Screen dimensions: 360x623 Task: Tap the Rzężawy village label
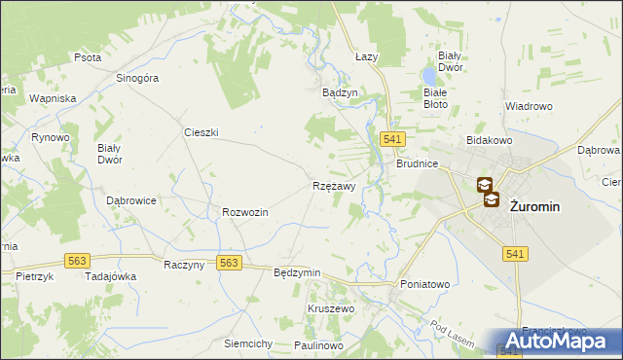334,185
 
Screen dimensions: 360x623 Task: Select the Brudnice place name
418,164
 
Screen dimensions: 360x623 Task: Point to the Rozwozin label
245,212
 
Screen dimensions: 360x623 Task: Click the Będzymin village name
298,272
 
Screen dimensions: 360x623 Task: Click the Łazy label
366,57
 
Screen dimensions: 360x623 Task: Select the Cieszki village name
202,131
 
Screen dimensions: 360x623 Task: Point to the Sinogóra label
137,80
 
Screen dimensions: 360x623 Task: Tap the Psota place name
88,57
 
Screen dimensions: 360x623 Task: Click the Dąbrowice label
131,199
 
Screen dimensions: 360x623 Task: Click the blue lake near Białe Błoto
429,75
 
